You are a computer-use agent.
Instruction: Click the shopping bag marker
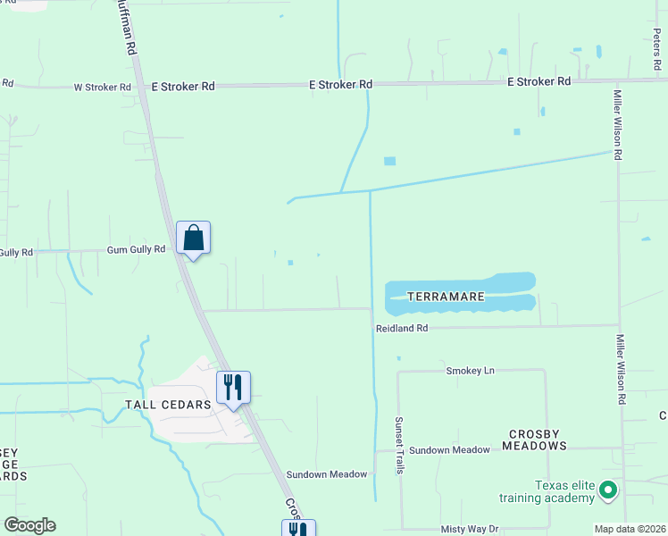tap(193, 239)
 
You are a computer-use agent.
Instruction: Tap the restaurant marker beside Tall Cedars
tap(233, 388)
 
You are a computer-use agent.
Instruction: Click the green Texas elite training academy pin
tap(607, 490)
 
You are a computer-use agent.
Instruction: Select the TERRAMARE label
tap(446, 296)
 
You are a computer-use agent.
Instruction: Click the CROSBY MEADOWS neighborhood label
tap(538, 440)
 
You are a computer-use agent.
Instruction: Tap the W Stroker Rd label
tap(102, 88)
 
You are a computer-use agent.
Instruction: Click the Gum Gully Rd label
tap(136, 249)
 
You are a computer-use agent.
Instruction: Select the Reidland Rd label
tap(401, 329)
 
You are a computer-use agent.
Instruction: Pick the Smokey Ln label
tap(470, 370)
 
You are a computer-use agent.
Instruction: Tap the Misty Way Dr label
tap(469, 529)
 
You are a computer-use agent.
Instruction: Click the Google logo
tap(29, 525)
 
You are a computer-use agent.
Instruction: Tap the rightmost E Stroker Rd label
tap(539, 81)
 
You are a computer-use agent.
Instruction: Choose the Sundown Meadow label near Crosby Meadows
tap(450, 449)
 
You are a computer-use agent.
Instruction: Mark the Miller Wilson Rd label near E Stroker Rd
tap(617, 124)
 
